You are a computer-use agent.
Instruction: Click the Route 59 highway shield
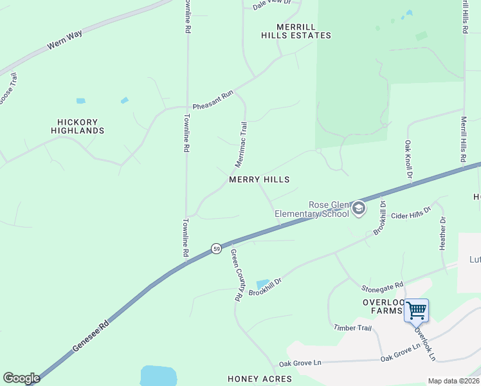[x=217, y=248]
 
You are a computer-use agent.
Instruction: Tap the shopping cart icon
[x=416, y=311]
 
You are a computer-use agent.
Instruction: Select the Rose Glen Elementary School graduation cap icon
[x=358, y=208]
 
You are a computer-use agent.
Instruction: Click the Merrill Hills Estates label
[x=296, y=31]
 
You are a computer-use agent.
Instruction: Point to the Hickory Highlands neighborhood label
[x=77, y=126]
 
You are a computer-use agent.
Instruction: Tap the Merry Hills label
[x=259, y=179]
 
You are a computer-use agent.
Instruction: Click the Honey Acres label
[x=260, y=379]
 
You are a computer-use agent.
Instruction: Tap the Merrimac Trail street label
[x=239, y=146]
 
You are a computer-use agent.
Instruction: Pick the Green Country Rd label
[x=235, y=275]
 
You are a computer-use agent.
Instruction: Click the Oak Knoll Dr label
[x=408, y=160]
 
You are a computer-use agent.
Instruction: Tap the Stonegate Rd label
[x=382, y=285]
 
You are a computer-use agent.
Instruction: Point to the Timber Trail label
[x=352, y=328]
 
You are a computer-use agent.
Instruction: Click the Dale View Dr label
[x=272, y=3]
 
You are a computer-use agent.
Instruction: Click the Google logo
[x=21, y=378]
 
